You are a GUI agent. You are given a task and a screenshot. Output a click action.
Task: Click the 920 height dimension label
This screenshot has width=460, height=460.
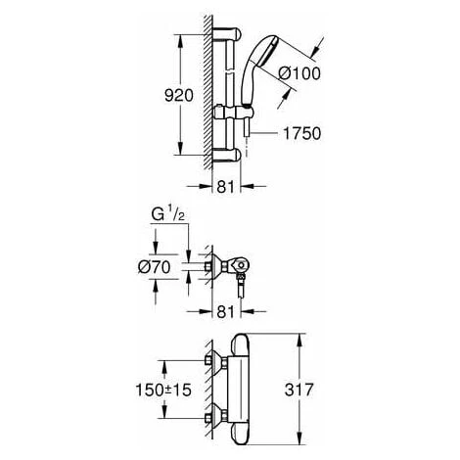[179, 96]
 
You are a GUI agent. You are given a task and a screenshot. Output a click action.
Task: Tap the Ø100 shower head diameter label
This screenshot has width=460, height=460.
[299, 73]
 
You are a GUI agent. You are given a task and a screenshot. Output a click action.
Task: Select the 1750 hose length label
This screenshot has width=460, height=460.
[301, 134]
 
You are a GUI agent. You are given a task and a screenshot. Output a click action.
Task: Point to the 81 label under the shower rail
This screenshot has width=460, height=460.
[225, 187]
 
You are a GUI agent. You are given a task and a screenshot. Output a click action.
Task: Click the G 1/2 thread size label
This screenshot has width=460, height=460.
[168, 214]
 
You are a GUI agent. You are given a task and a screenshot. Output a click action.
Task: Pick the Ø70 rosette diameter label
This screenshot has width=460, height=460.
[155, 267]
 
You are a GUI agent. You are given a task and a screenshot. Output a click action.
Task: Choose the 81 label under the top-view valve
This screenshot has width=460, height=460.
[225, 312]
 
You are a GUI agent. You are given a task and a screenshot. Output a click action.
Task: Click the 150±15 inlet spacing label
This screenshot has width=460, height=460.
[163, 390]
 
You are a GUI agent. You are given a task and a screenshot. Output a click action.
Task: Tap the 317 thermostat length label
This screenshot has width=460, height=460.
[299, 390]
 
